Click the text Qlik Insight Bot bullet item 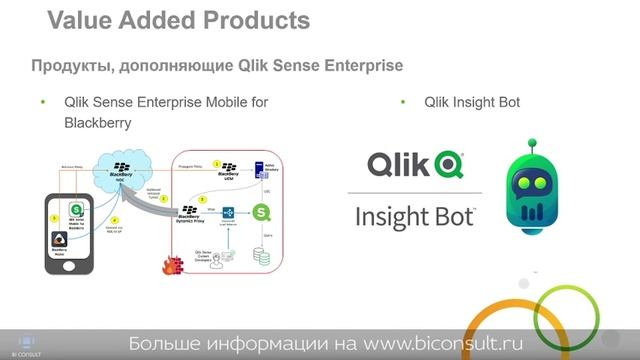(x=472, y=102)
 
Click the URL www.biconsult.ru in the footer (x=441, y=344)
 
